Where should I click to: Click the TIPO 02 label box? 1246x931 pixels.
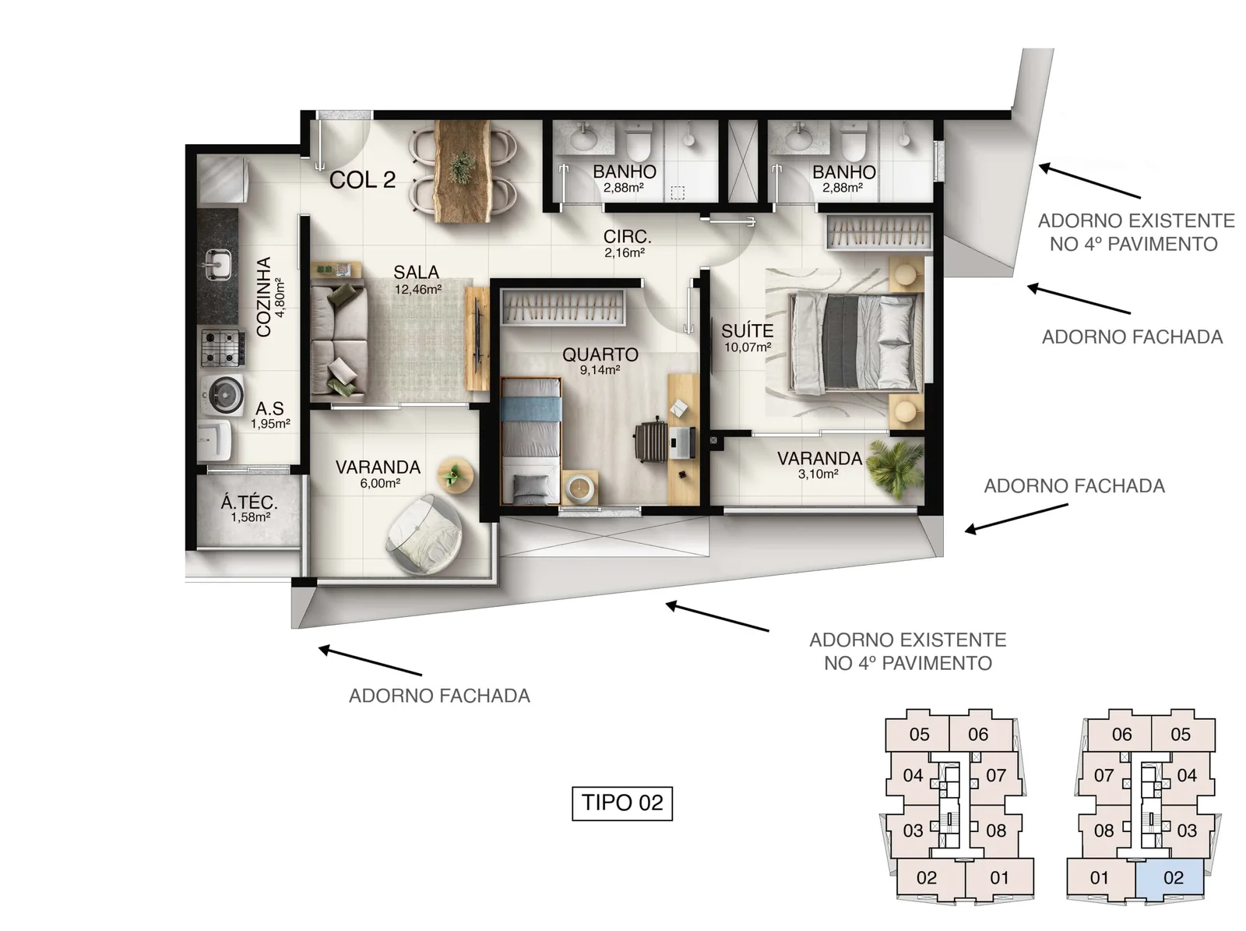tap(621, 802)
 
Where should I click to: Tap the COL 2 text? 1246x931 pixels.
tap(362, 180)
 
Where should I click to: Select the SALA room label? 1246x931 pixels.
tap(416, 272)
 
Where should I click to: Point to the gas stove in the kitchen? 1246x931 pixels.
tap(223, 347)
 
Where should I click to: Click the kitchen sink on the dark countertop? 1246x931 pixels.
tap(218, 265)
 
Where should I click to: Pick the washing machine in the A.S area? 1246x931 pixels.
tap(223, 392)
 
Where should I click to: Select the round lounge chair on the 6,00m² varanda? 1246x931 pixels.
tap(424, 534)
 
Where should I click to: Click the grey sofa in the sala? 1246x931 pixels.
tap(338, 340)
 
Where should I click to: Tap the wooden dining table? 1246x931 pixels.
tap(463, 171)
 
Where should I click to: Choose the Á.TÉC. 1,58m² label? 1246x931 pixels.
tap(249, 509)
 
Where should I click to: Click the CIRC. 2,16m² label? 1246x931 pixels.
tap(626, 244)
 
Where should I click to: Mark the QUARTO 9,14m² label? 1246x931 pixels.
tap(600, 361)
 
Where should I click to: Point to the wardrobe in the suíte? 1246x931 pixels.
tap(878, 231)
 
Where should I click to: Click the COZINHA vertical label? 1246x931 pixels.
tap(269, 297)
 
